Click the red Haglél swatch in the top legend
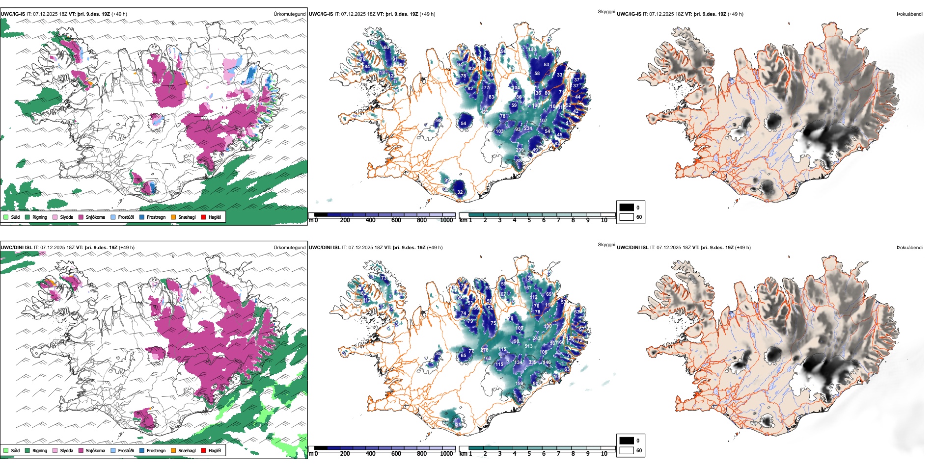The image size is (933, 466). (203, 217)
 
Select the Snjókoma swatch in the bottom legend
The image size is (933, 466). (81, 450)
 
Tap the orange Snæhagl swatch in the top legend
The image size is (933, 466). (173, 217)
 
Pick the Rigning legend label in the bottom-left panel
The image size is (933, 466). (40, 450)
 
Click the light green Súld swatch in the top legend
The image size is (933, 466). (6, 217)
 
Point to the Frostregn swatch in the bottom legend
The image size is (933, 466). (142, 450)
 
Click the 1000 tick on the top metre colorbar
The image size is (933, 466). (446, 220)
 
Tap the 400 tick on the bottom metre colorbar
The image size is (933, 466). (371, 454)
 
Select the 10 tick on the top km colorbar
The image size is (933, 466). (604, 220)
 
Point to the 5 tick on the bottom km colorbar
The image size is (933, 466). (529, 454)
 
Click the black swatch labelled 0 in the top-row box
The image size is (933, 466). (627, 207)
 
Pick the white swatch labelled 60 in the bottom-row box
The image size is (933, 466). (627, 450)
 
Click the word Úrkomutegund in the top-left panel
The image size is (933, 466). (289, 14)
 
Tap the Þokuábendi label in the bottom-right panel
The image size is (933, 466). (909, 247)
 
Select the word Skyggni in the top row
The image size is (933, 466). (606, 11)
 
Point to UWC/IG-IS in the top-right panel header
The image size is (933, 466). (629, 14)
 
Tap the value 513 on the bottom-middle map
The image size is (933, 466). (528, 346)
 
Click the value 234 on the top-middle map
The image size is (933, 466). (528, 129)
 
